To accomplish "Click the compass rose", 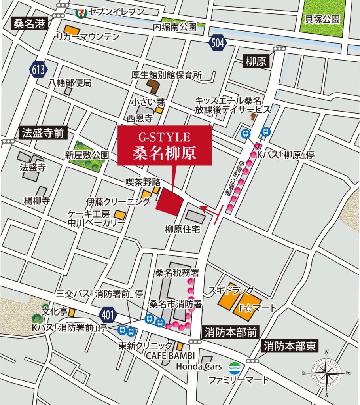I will tap(326, 373).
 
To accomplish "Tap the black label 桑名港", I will tap(30, 24).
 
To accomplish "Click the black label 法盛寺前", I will tap(43, 133).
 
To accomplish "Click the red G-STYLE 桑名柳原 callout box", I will tap(165, 146).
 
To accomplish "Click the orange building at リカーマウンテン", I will tap(72, 30).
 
